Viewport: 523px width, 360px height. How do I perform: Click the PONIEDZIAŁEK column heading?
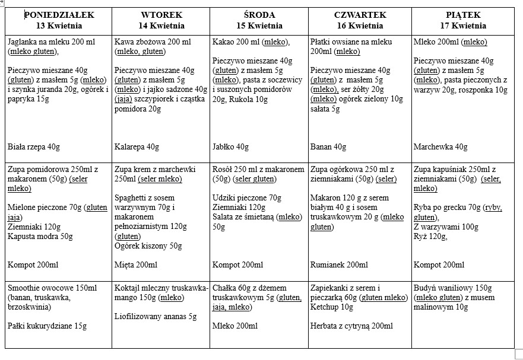(x=59, y=15)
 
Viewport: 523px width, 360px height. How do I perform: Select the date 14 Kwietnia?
(x=161, y=26)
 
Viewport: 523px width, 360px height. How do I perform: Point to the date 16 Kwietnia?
(x=360, y=26)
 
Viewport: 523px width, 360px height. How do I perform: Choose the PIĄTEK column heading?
(x=463, y=15)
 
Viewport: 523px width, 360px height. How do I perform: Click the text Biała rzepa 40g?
(x=34, y=147)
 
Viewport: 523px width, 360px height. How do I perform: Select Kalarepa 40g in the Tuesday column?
(x=137, y=147)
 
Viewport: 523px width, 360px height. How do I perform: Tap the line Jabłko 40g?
(x=230, y=147)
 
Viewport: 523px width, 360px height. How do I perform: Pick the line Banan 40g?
(x=328, y=147)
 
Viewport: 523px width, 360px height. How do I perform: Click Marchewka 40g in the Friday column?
(x=440, y=147)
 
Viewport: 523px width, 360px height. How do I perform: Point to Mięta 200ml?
(x=136, y=265)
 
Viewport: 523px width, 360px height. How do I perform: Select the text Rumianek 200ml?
(x=339, y=265)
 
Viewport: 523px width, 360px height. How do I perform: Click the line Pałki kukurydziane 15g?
(x=47, y=326)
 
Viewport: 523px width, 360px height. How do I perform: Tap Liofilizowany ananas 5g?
(x=156, y=316)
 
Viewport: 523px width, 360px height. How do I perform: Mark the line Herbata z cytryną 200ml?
(x=351, y=326)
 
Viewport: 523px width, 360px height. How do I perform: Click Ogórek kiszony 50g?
(x=148, y=246)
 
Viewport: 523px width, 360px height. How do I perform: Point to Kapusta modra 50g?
(x=40, y=236)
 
